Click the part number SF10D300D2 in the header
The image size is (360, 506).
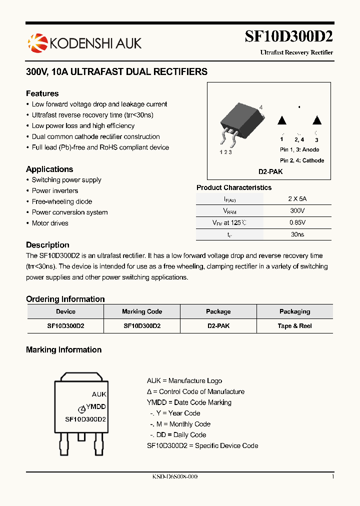click(288, 37)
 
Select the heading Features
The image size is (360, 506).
click(42, 93)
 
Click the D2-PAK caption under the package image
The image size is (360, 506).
click(270, 171)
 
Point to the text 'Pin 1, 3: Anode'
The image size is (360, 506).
click(299, 149)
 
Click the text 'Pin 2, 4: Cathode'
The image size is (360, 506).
click(302, 160)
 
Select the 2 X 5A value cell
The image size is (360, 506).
click(297, 198)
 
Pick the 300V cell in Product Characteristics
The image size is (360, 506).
click(297, 210)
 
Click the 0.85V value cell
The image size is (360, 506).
click(297, 222)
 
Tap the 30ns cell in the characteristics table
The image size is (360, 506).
click(297, 234)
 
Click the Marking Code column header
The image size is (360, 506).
click(142, 311)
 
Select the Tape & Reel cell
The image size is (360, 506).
click(294, 325)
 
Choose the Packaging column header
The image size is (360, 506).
click(294, 311)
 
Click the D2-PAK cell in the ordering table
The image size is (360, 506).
click(218, 325)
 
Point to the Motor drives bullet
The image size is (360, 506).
click(50, 223)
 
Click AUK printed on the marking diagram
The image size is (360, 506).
click(99, 394)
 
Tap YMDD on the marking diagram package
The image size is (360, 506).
click(95, 407)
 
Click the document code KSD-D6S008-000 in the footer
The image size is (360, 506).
click(174, 477)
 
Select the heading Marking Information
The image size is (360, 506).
click(63, 350)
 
